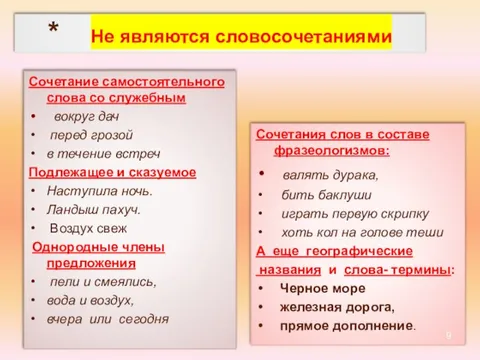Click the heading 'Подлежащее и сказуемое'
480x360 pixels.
112,172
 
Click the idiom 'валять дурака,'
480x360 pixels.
323,174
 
